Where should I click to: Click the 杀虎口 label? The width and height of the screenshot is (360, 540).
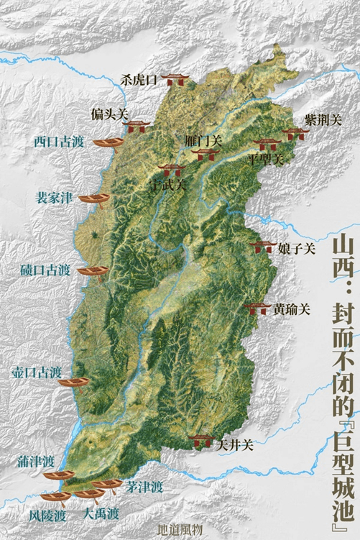click(139, 81)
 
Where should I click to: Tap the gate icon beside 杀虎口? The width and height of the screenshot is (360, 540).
click(172, 78)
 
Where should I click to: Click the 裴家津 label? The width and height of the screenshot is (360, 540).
click(55, 198)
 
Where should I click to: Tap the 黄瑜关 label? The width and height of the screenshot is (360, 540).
click(291, 309)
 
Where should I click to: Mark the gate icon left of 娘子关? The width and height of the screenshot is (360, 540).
click(261, 247)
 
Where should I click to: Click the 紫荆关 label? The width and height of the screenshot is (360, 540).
click(323, 119)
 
